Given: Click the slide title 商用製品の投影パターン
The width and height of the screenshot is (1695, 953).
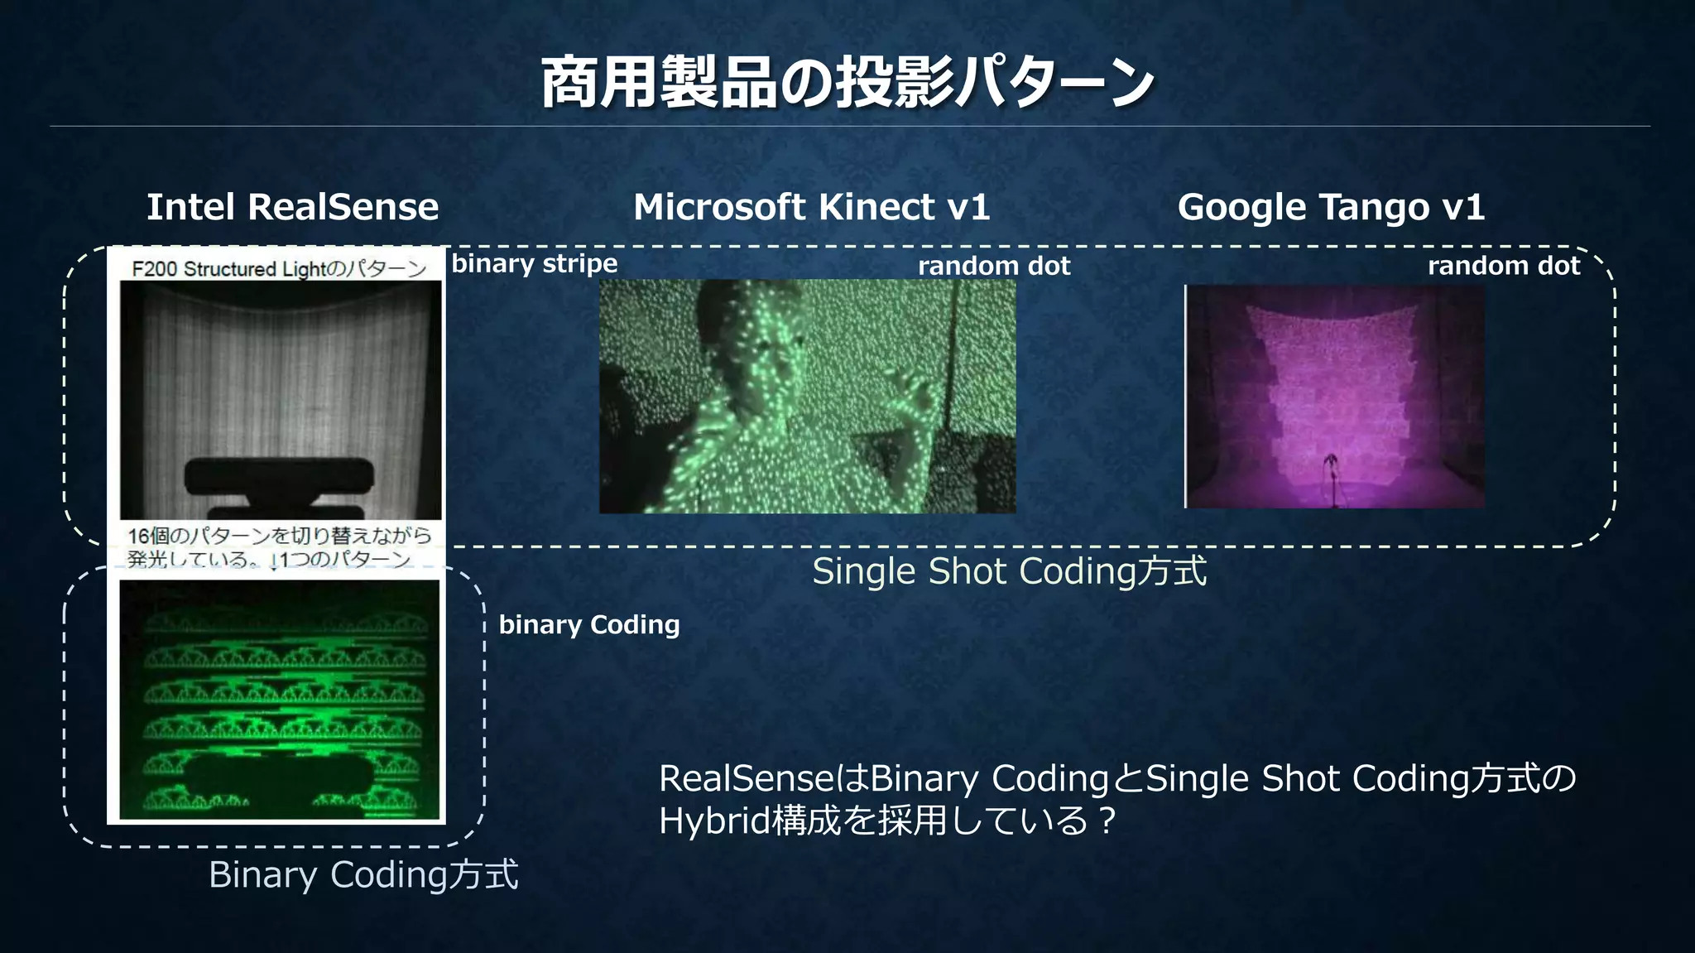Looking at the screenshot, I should coord(847,83).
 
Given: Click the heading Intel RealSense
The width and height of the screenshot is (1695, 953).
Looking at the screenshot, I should coord(292,207).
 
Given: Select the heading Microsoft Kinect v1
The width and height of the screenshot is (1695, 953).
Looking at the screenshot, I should coord(811,207).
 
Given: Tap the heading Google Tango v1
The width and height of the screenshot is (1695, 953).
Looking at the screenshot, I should coord(1331,207).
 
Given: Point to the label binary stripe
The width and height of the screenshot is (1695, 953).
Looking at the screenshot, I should coord(534,263).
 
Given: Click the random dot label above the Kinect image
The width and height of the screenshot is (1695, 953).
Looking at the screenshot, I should coord(993,266).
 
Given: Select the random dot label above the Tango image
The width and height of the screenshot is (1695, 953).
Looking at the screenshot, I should coord(1503,266).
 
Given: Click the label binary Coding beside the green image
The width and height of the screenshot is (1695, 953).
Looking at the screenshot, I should coord(588,624).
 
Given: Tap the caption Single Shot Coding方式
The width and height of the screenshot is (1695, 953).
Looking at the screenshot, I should coord(1009,571).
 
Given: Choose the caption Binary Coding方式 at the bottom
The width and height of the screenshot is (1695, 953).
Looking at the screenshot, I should coord(363,875).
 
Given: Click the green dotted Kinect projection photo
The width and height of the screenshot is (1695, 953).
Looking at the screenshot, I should coord(807,396).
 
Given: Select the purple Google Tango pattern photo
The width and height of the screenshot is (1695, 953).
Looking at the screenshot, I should coord(1334,396).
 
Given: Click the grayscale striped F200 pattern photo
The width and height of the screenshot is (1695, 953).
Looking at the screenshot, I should coord(281,373).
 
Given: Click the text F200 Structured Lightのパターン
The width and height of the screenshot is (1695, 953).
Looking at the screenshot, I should coord(279,268).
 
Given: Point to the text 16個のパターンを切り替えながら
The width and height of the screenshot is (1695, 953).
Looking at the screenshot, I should coord(279,536).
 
